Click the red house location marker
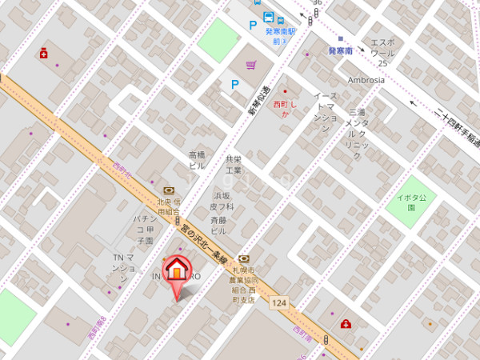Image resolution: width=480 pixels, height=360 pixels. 176,272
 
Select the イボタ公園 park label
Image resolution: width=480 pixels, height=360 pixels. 411,202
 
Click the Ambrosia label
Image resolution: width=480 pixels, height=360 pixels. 366,80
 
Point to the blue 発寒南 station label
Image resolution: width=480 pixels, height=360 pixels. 341,50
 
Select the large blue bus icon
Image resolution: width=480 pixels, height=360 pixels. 268,18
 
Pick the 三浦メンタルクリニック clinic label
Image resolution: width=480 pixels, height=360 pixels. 356,129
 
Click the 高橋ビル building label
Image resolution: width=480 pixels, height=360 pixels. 197,160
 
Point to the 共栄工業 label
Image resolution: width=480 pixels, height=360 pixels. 233,165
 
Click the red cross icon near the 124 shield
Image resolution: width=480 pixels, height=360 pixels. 346,323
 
